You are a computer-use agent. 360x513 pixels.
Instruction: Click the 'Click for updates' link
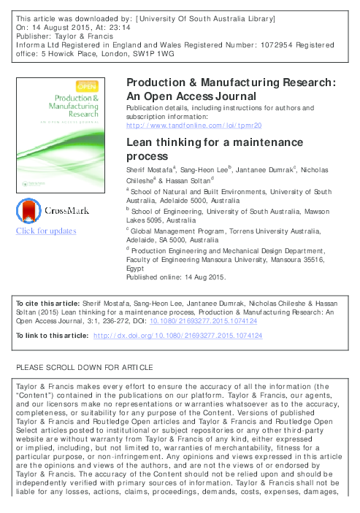pyautogui.click(x=46, y=231)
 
